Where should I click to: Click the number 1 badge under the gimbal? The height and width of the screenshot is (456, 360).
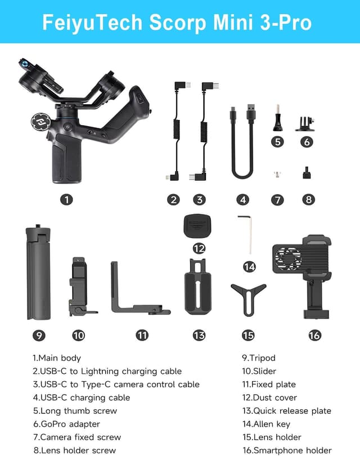coord(67,199)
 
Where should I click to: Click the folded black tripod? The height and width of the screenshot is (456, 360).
coord(38,271)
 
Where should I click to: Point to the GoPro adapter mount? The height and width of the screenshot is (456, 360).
coord(307,122)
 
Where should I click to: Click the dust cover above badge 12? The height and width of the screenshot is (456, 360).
coord(199,227)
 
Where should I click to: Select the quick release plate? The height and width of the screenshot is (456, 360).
coord(199,287)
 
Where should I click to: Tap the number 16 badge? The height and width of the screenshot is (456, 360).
coord(314,335)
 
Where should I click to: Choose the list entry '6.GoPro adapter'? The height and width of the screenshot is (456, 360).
coord(66,424)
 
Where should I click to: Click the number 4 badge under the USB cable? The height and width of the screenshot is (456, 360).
coord(242,199)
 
